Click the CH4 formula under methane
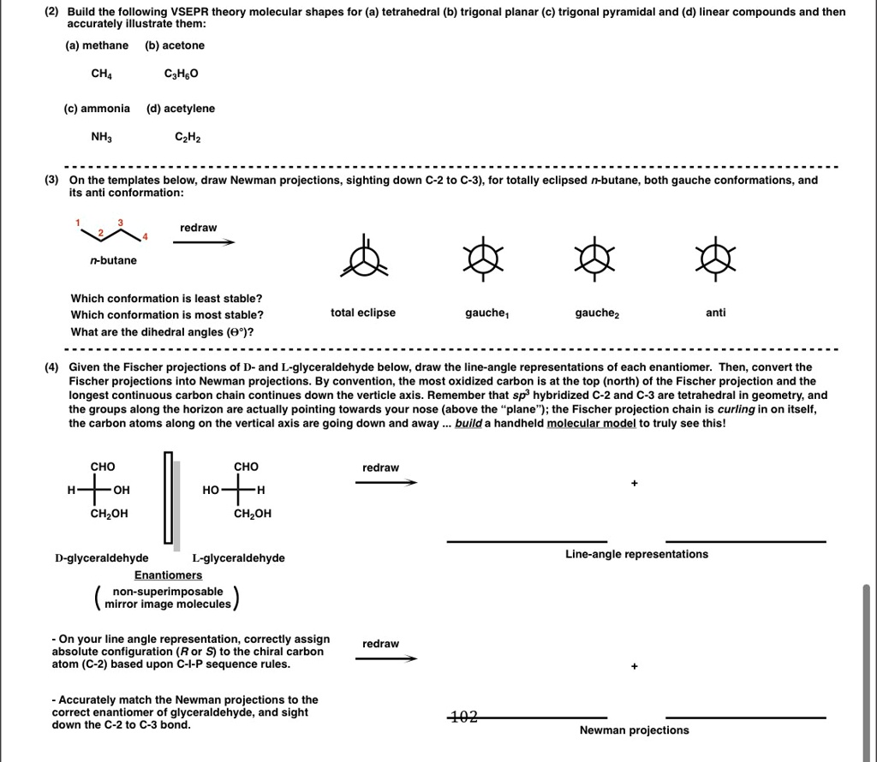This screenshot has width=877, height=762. pos(102,74)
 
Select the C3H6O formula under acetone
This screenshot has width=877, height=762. pos(181,74)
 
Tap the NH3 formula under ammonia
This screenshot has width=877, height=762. pos(102,137)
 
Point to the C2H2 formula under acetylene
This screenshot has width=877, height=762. pos(188,137)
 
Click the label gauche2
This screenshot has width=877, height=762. pos(597,313)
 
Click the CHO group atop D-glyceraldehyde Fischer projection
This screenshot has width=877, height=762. pos(103,467)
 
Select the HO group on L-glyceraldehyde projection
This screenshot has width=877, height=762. pos(211,490)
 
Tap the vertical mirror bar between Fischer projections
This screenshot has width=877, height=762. pos(169,500)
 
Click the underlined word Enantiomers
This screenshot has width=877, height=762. pos(168,574)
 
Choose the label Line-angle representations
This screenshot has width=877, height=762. pos(636,554)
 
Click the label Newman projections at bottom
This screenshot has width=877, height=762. pos(634,730)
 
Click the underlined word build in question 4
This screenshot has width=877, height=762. pos(468,424)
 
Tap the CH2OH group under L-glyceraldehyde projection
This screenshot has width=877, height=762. pos(253,514)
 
